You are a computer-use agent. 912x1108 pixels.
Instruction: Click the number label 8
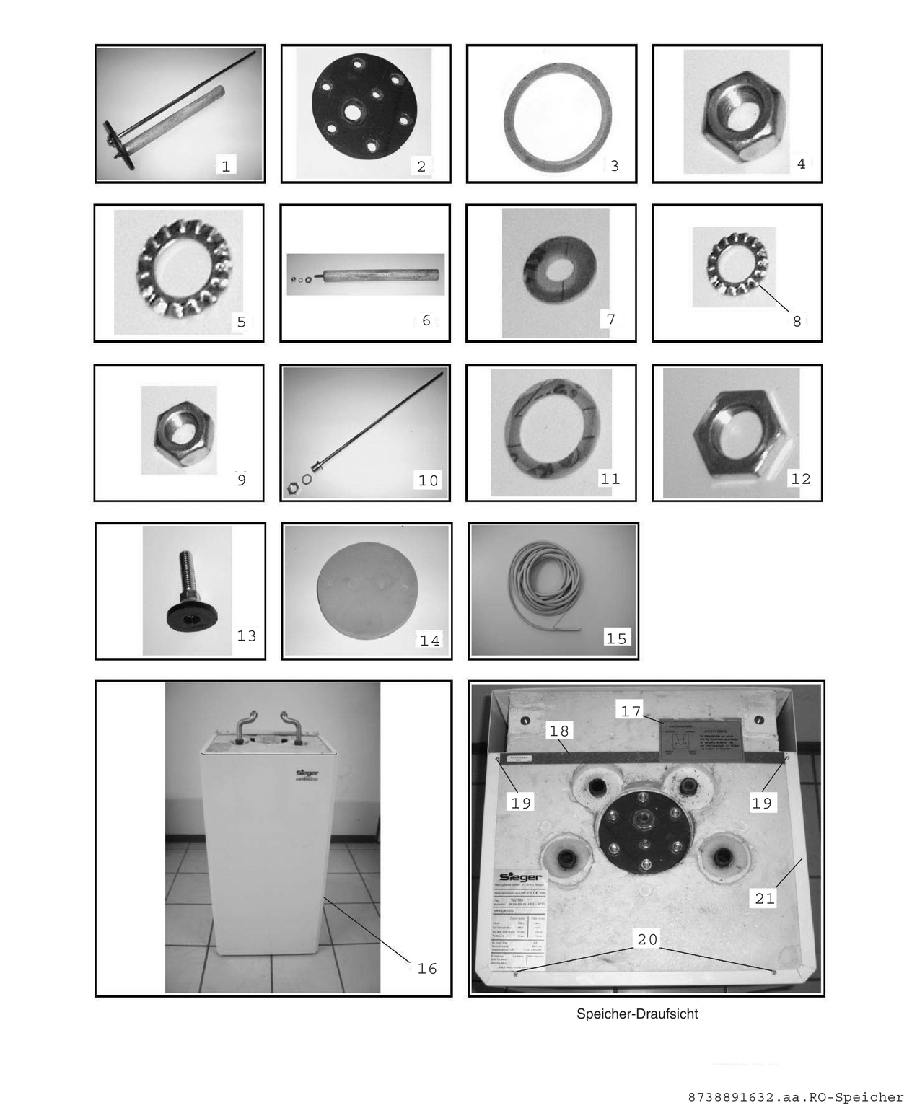coord(797,321)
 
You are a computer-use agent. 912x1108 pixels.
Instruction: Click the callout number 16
coord(427,968)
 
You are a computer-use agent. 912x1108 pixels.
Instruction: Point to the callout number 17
coord(631,711)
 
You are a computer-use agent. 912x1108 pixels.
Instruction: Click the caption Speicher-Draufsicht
coord(637,1014)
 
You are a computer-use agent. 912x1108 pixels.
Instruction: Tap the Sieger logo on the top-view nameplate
coord(520,877)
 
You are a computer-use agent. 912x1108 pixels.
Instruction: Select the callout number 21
coord(764,898)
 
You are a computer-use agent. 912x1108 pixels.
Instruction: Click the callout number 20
coord(647,939)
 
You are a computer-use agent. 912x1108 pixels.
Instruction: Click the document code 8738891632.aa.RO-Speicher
coord(795,1097)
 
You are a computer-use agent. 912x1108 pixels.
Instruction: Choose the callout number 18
coord(559,731)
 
